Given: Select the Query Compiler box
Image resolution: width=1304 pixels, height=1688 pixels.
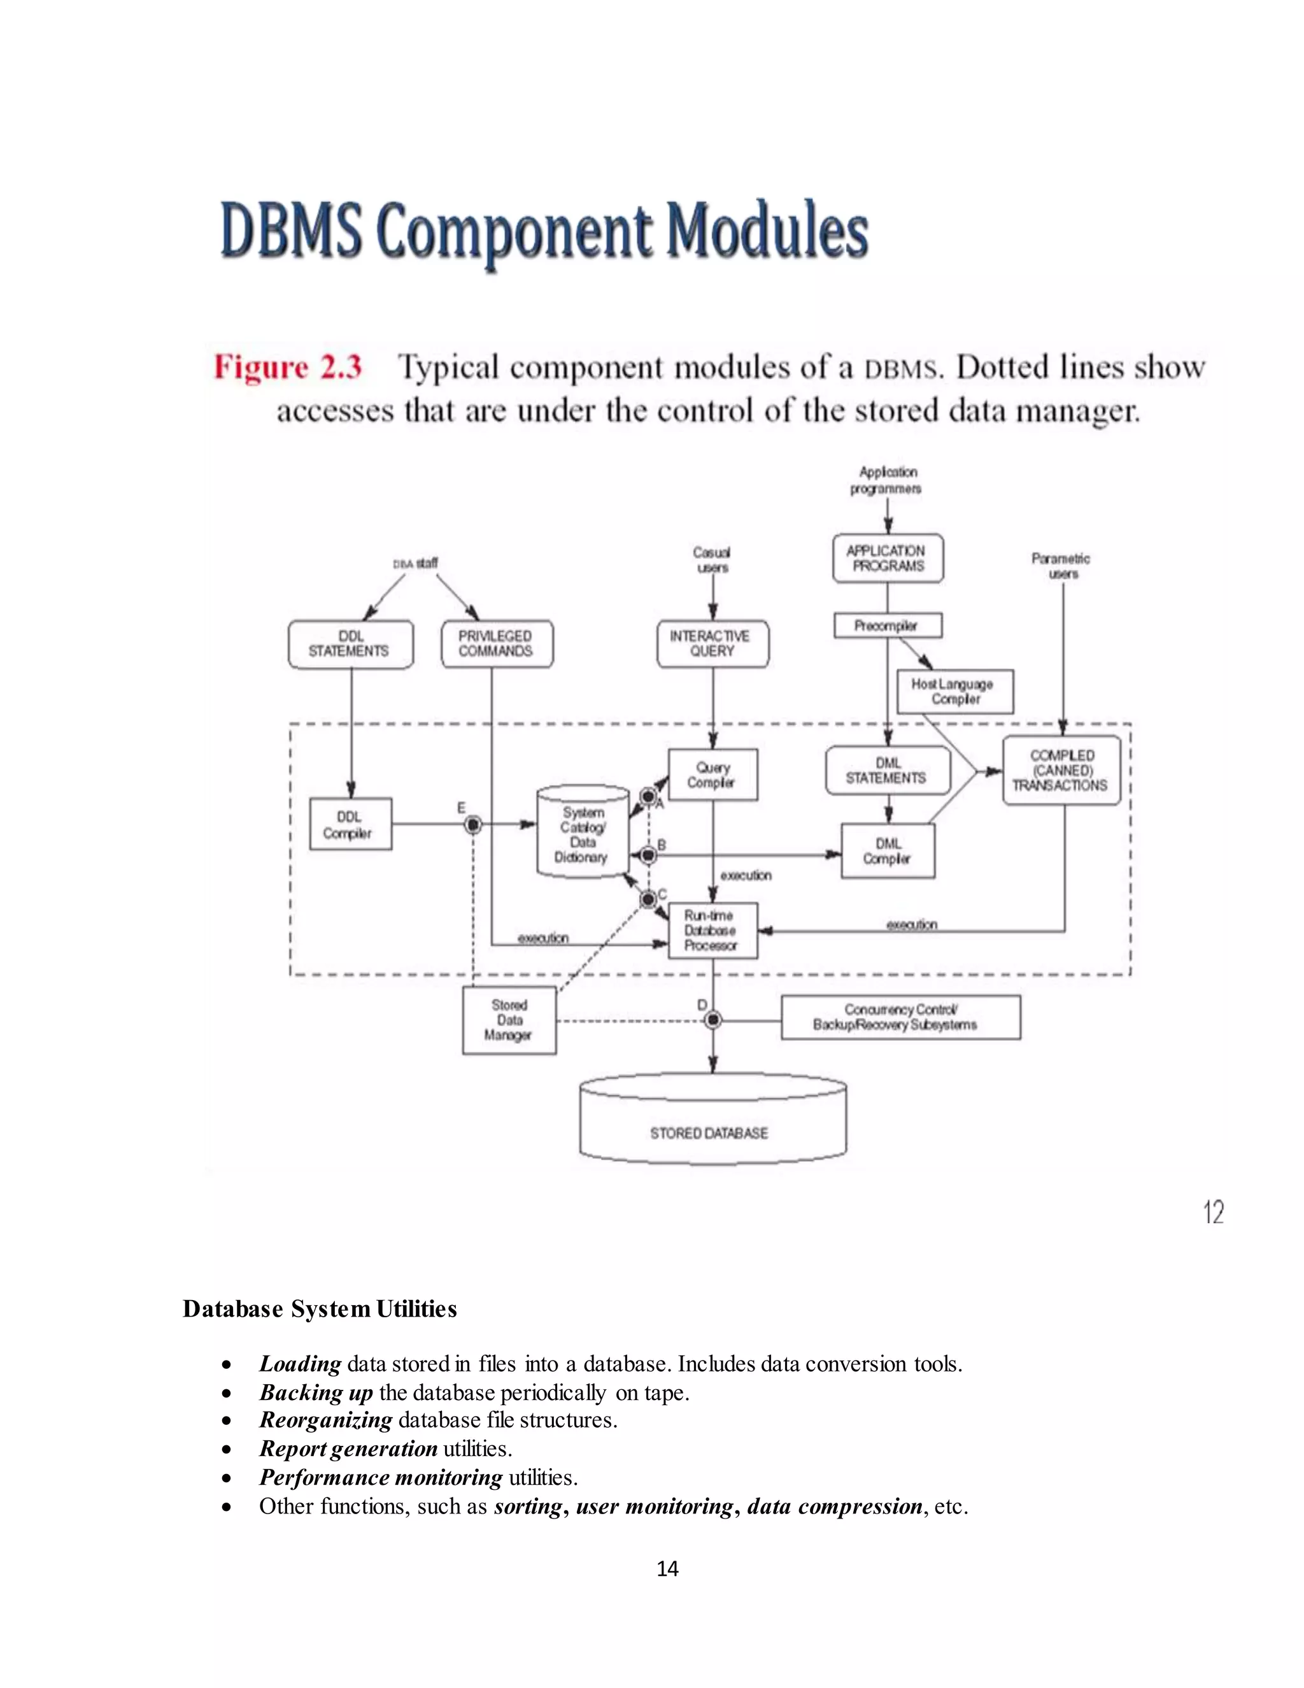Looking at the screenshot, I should [712, 775].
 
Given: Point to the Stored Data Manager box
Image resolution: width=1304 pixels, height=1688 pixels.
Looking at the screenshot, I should [509, 1020].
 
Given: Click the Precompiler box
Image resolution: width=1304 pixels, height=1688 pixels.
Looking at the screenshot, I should [887, 626].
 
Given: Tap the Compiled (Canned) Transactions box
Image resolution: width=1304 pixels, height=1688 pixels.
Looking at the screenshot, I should [1061, 771].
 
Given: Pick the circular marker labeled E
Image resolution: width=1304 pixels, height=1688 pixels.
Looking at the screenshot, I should [473, 825].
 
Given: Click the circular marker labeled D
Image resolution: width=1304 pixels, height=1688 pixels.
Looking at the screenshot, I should [713, 1020].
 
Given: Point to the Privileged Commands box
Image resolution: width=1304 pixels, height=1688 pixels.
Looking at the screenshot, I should [496, 644].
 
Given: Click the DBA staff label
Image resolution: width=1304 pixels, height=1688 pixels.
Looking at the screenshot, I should [416, 564].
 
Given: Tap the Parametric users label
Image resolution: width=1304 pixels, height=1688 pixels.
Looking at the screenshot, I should [1061, 566].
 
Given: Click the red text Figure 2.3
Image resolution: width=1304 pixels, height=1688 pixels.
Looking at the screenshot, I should [287, 367].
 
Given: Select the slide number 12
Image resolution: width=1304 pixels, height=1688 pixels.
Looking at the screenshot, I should [1214, 1212].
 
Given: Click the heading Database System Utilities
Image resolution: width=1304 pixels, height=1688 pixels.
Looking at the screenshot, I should [319, 1309].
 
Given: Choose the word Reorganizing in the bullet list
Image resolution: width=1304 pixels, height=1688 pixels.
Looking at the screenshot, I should [325, 1420].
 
